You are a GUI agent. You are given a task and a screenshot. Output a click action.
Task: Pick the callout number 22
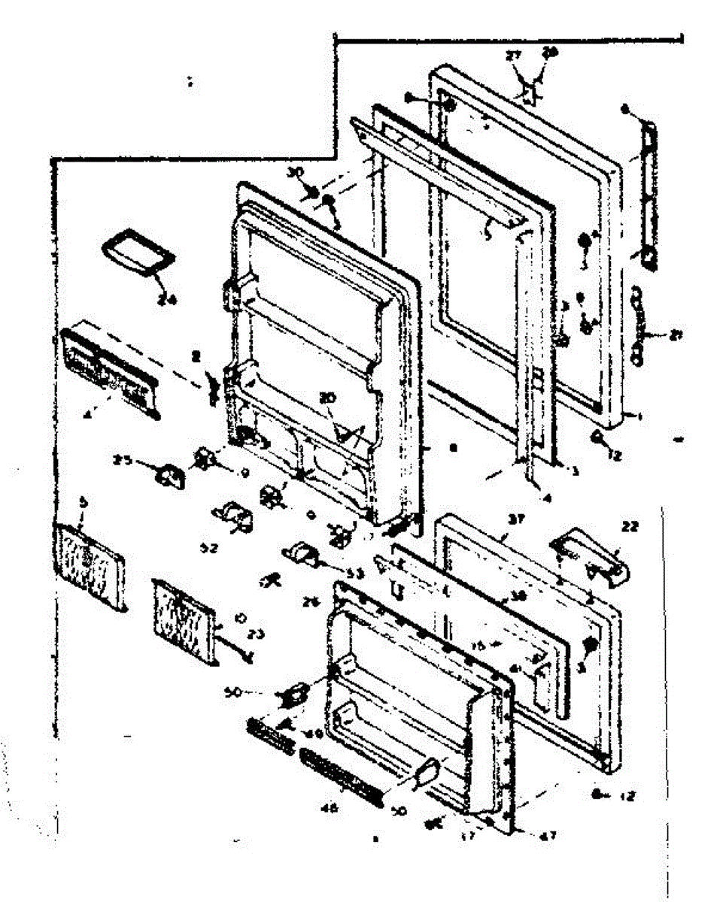[x=629, y=527]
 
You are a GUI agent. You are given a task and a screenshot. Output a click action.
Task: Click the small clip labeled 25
[x=168, y=475]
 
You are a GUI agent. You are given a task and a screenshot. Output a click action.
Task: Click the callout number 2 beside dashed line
[x=195, y=357]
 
